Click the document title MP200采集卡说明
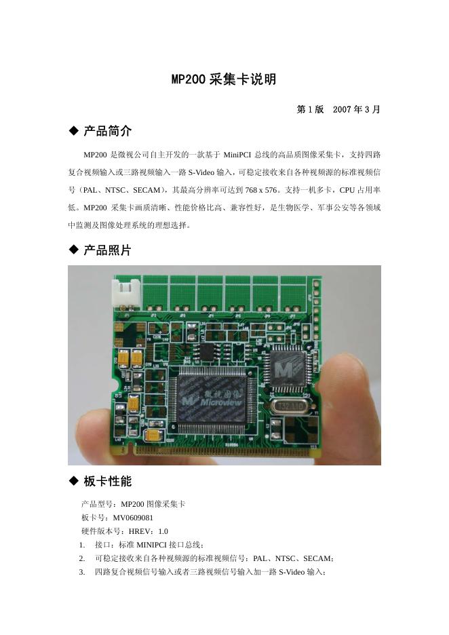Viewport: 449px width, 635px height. [224, 79]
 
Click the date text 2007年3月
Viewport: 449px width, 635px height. [357, 109]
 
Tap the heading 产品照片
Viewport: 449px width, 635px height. [107, 250]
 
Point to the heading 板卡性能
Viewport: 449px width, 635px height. [107, 481]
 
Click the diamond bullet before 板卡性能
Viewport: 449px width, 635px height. [74, 481]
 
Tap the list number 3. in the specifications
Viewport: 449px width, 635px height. [81, 572]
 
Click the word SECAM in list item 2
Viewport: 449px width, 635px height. [317, 558]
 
